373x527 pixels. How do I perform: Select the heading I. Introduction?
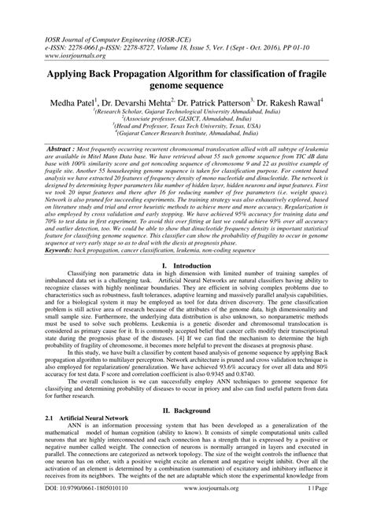[x=186, y=288]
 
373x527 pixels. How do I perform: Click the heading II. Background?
[x=186, y=432]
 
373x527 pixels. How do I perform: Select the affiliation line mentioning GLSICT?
[x=186, y=116]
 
